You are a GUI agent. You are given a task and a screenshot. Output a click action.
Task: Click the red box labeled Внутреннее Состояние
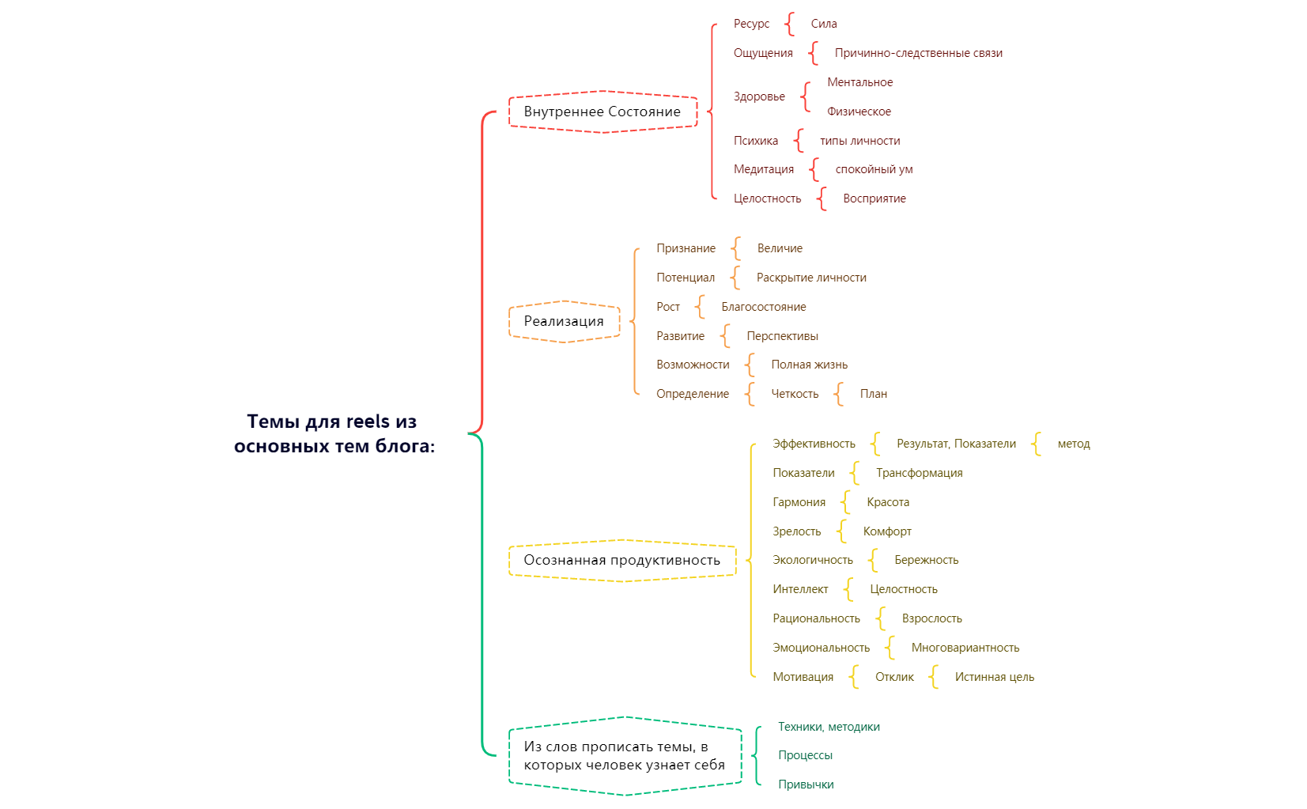(602, 112)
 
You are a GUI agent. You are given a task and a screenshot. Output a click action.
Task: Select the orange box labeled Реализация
(563, 321)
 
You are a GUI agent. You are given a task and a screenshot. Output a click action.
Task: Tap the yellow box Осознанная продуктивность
(621, 560)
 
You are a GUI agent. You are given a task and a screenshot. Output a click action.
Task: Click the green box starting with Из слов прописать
(624, 755)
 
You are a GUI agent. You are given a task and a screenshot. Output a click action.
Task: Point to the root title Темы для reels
(334, 433)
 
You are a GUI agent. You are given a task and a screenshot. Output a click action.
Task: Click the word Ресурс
(750, 24)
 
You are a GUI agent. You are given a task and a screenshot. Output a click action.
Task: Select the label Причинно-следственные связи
(918, 53)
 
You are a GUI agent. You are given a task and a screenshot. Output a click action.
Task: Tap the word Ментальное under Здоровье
(859, 82)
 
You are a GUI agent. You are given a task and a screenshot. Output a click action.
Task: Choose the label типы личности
(859, 141)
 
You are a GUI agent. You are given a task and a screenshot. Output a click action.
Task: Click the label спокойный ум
(874, 169)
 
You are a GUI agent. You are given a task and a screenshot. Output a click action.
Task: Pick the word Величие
(780, 248)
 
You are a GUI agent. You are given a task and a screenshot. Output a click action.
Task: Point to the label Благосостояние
(763, 307)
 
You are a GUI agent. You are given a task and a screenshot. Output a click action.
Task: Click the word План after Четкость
(873, 394)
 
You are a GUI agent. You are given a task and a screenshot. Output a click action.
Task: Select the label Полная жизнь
(809, 365)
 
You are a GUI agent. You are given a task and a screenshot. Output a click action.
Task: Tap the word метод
(1073, 444)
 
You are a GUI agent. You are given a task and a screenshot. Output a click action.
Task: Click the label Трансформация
(919, 473)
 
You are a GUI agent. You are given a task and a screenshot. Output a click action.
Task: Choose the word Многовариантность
(965, 648)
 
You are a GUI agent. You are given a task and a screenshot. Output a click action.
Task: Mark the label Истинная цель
(994, 677)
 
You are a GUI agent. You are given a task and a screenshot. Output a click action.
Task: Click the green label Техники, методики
(828, 727)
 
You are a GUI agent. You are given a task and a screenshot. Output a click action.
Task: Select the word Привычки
(805, 784)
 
